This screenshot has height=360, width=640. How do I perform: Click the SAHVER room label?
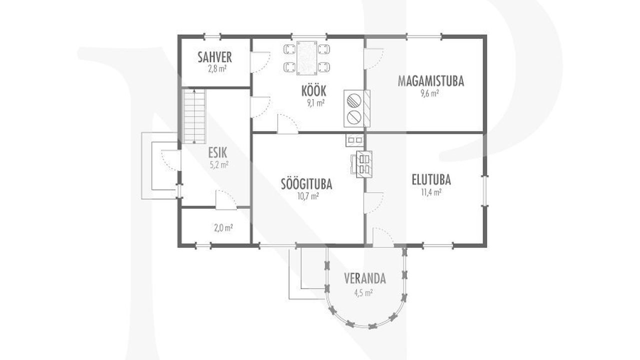click(215, 57)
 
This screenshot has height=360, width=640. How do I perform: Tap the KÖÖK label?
click(313, 90)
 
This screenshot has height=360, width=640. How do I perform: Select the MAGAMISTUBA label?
click(431, 81)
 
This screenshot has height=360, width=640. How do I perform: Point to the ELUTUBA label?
click(431, 179)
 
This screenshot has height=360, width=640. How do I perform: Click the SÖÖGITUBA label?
click(306, 184)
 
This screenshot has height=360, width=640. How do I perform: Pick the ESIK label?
click(217, 153)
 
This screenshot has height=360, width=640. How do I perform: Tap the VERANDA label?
click(365, 278)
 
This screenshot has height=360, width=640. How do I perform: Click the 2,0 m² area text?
click(223, 228)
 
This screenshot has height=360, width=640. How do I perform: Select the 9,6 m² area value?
click(429, 93)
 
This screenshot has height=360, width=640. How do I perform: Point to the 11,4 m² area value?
click(431, 192)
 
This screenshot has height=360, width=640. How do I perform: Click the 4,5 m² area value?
click(363, 293)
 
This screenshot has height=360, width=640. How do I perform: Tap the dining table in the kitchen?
click(307, 58)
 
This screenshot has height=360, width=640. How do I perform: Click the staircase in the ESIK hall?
click(194, 116)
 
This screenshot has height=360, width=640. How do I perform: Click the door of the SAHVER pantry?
click(260, 62)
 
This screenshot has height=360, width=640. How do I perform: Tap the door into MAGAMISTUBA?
click(373, 59)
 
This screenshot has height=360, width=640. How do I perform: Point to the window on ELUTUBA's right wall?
click(485, 190)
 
